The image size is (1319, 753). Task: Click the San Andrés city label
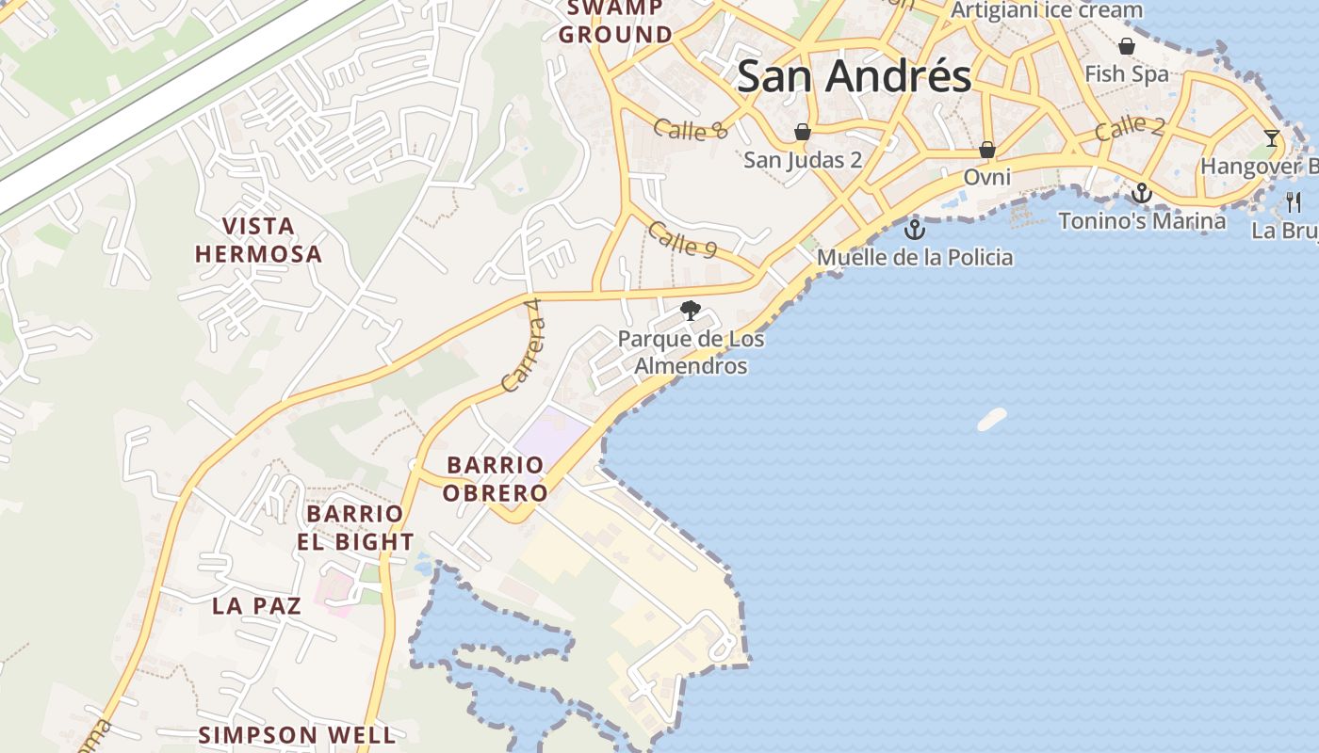tap(854, 76)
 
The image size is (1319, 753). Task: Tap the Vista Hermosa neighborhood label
tap(258, 240)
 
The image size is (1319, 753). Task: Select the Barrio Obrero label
tap(497, 478)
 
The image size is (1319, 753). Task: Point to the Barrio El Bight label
tap(355, 528)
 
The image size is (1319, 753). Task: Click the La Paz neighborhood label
tap(256, 605)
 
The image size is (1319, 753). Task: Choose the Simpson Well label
tap(297, 734)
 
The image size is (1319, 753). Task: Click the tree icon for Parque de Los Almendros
tap(691, 310)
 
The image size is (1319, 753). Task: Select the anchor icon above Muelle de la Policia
tap(914, 229)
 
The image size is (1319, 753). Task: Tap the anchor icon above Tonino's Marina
tap(1142, 193)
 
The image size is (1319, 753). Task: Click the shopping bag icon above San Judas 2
tap(802, 132)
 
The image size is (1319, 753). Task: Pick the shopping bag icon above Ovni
tap(986, 150)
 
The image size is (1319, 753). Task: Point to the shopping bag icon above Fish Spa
tap(1126, 46)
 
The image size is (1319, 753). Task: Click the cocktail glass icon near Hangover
tap(1272, 138)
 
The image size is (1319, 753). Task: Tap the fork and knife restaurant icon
tap(1294, 201)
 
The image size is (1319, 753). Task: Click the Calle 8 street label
tap(691, 130)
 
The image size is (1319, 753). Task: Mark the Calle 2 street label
tap(1130, 128)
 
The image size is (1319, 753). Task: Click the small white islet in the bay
tap(991, 419)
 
